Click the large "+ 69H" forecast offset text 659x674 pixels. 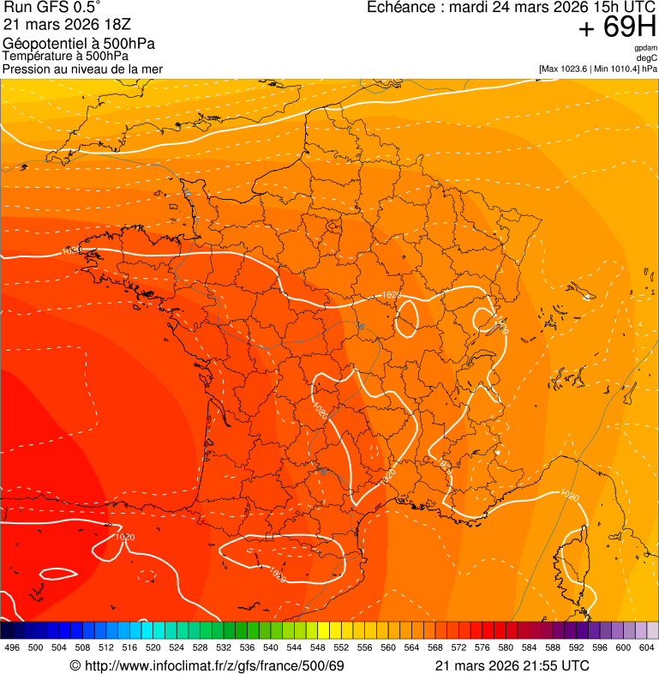[617, 28]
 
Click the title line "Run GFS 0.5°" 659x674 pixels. [52, 8]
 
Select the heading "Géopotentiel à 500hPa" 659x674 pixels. [79, 44]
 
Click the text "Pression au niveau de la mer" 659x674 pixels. [82, 69]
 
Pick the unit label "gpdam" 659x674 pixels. [645, 48]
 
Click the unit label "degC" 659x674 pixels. [647, 57]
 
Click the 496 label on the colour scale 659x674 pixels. [12, 647]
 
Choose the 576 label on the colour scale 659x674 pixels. [482, 647]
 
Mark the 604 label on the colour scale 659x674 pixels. [647, 647]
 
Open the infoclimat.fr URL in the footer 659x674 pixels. [213, 665]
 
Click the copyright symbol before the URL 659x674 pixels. [75, 665]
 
